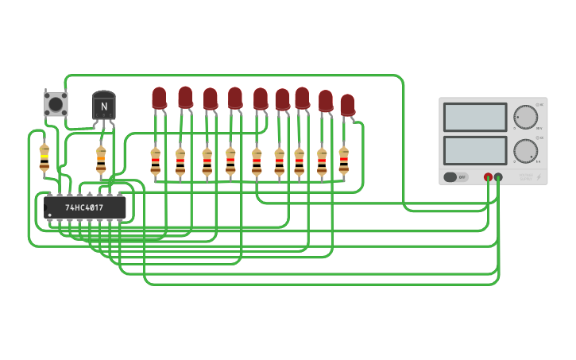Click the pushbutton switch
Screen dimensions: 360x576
56,104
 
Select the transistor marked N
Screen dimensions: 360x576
104,106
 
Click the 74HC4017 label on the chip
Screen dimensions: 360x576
84,207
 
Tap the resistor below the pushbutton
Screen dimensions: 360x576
44,157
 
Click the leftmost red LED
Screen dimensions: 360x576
160,98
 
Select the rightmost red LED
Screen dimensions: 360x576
347,105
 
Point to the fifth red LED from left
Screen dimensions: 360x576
261,99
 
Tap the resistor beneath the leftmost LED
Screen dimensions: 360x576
156,161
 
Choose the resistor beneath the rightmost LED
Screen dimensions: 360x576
343,161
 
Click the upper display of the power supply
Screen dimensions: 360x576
475,117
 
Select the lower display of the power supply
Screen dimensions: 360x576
475,150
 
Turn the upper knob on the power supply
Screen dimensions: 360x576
525,117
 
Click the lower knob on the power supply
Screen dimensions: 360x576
525,150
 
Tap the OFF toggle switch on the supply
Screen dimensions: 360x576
455,177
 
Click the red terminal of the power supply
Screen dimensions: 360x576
488,177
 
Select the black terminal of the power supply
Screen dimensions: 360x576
498,177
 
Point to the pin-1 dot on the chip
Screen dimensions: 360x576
50,215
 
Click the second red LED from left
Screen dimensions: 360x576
185,97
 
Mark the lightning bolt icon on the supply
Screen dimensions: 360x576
538,176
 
